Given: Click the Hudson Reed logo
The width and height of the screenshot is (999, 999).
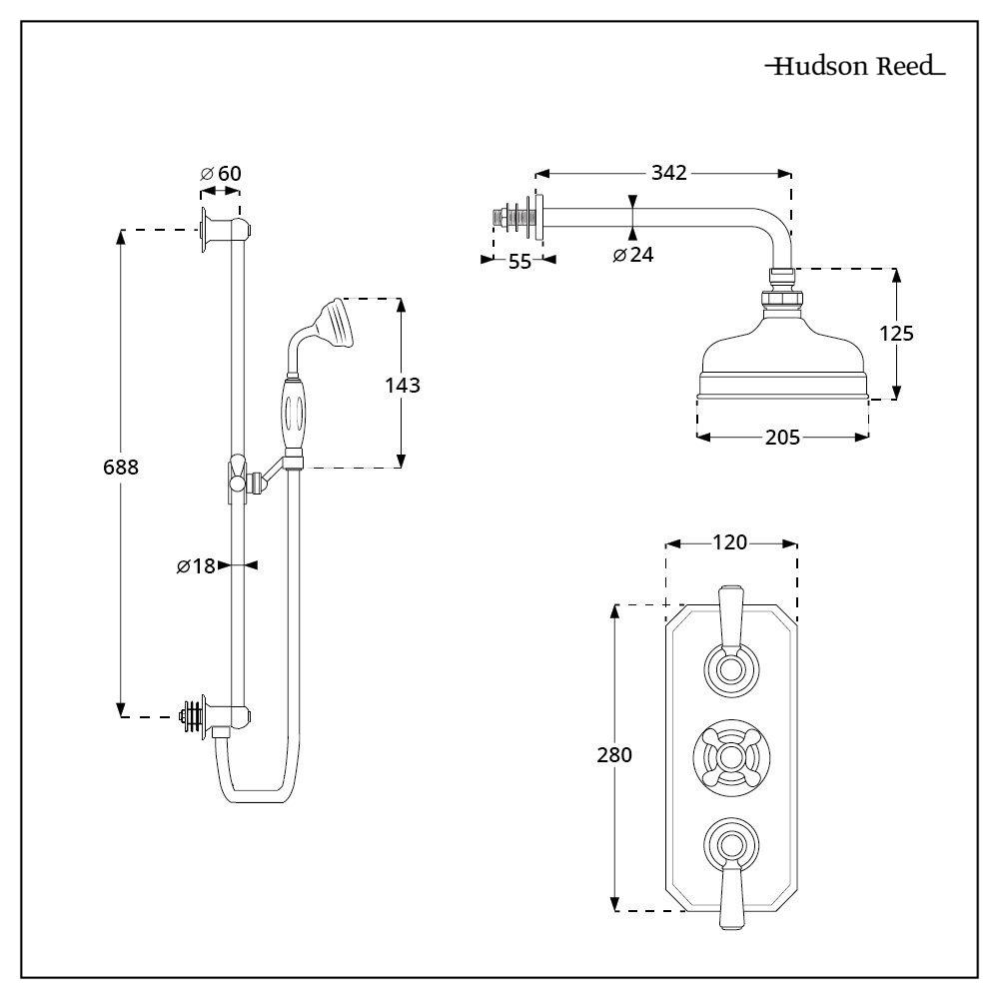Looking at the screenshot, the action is click(855, 66).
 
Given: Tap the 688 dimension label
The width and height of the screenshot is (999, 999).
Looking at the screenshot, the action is click(121, 467).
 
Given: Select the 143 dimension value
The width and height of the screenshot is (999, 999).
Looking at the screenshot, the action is click(403, 385).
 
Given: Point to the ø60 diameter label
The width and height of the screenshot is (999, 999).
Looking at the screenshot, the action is click(221, 173).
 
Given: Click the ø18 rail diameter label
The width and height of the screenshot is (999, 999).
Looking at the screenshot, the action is click(196, 565).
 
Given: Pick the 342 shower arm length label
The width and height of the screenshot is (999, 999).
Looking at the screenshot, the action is click(669, 173).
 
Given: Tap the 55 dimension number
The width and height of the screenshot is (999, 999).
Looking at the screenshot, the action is click(519, 261).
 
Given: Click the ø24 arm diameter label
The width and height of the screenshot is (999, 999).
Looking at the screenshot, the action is click(633, 255).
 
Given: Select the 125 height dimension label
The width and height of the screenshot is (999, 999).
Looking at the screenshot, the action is click(896, 334).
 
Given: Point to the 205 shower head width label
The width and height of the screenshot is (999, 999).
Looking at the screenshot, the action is click(782, 438).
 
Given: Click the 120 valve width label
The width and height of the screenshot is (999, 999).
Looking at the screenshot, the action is click(729, 542).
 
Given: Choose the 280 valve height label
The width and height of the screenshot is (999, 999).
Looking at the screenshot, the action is click(614, 755).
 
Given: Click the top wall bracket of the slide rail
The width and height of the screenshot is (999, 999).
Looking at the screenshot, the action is click(225, 230).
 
